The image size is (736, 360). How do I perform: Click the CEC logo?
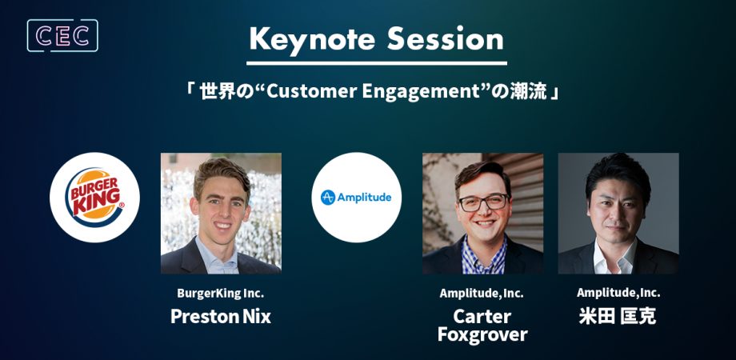pos(62,36)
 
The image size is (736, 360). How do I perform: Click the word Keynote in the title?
pos(312,39)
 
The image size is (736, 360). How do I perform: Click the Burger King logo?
pos(95,198)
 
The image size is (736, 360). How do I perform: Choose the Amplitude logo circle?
pos(357,198)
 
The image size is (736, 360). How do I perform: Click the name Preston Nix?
pos(221,316)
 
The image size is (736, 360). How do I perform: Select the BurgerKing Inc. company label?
pos(221,294)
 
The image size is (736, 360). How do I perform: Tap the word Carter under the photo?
pos(482,316)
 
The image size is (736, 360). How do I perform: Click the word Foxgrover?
pos(482,335)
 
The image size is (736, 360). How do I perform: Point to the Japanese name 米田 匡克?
pos(618,316)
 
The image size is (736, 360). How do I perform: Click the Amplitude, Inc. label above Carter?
pos(482,294)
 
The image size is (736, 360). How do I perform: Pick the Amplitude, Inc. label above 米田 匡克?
pos(618,293)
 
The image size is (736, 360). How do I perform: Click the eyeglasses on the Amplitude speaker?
pos(483,202)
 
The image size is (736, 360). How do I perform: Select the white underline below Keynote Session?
pos(377,63)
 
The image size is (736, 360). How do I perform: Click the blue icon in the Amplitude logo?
pos(328,198)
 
